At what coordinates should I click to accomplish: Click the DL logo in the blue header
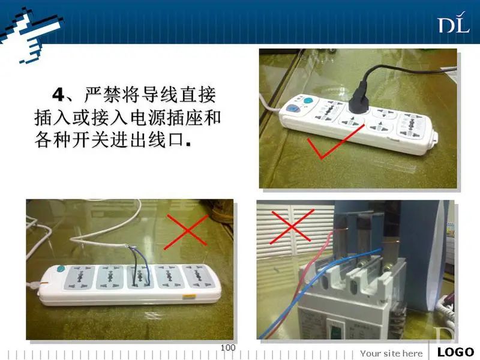click(454, 23)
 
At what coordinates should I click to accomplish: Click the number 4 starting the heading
click(58, 95)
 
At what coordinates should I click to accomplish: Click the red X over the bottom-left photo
click(186, 232)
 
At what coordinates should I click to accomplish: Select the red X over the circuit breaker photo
click(292, 226)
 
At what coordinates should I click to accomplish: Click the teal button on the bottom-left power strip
click(61, 269)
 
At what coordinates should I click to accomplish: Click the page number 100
click(228, 348)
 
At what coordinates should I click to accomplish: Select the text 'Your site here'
click(391, 353)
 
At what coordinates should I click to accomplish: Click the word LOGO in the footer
click(456, 352)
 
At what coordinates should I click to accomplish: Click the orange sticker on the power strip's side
click(189, 296)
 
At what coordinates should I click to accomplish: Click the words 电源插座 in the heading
click(168, 118)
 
